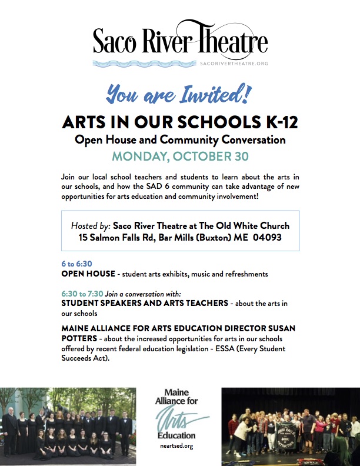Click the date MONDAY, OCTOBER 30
pos(180,157)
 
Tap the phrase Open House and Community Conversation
pos(180,140)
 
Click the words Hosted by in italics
pos(90,226)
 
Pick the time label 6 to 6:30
pos(77,264)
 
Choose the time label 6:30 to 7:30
pos(82,293)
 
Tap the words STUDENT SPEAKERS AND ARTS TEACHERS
pos(145,303)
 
